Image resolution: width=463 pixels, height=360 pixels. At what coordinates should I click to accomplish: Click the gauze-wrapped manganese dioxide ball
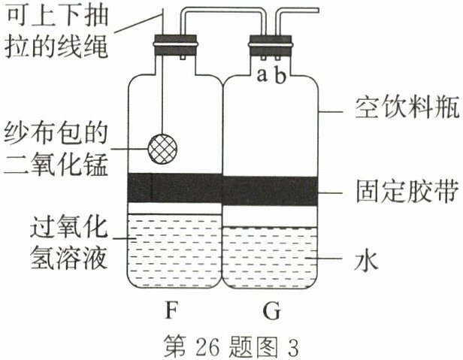[163, 144]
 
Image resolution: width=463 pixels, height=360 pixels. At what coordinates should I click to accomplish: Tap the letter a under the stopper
[261, 76]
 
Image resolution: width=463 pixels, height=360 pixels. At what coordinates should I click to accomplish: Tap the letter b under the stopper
[279, 76]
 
